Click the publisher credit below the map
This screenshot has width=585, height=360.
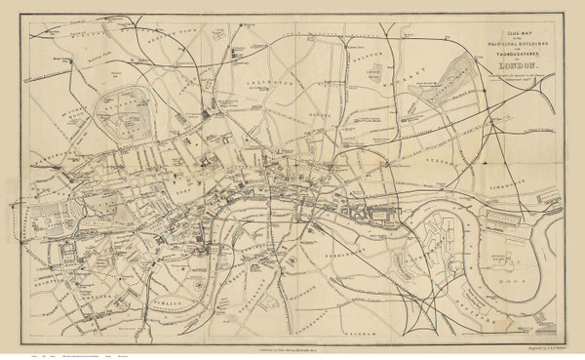292,344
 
